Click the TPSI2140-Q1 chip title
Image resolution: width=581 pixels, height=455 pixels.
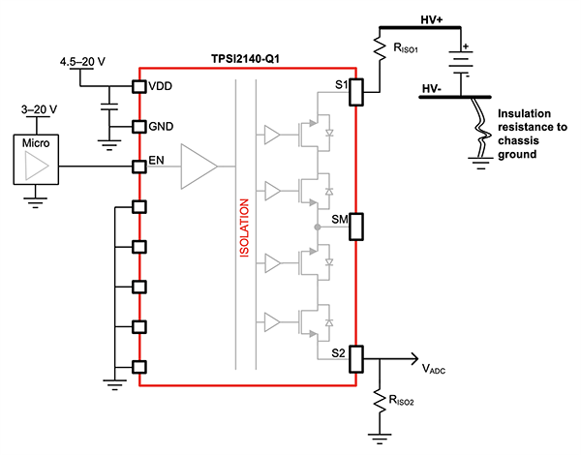[247, 58]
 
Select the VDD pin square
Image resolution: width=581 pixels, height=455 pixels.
[139, 85]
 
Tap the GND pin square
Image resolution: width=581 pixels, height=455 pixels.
[139, 127]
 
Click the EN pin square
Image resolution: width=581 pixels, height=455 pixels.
[139, 167]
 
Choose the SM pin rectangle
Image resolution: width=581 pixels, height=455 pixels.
[356, 226]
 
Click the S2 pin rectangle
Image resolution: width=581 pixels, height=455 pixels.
[356, 358]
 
